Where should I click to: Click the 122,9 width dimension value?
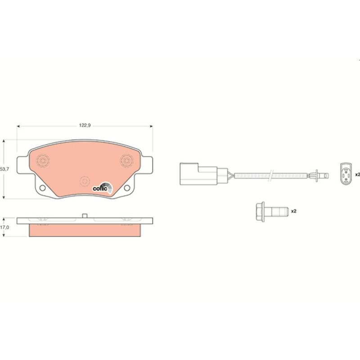point(85,126)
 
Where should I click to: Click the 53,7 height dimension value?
point(4,169)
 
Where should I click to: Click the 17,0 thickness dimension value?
point(4,227)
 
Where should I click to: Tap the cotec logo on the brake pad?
point(103,188)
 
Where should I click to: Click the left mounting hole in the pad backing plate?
point(42,188)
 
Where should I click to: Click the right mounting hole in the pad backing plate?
point(127,188)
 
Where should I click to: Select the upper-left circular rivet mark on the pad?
point(43,161)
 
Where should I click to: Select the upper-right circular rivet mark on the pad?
point(127,161)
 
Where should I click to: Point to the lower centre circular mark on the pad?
point(85,181)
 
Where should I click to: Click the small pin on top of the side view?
point(85,216)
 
